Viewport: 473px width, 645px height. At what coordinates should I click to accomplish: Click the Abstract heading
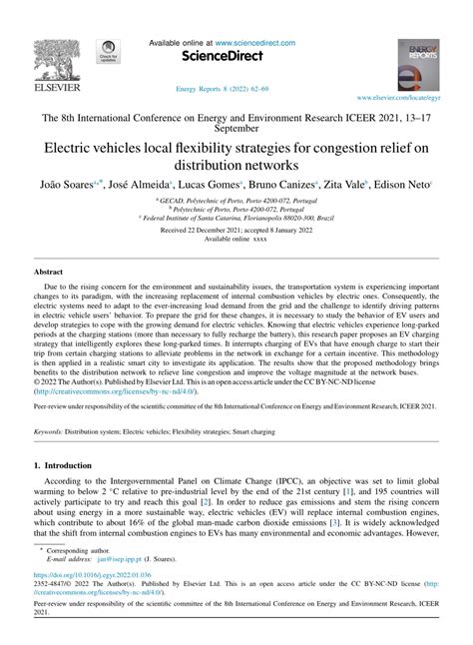tap(49, 272)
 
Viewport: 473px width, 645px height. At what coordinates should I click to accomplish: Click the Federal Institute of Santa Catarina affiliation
tap(236, 218)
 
